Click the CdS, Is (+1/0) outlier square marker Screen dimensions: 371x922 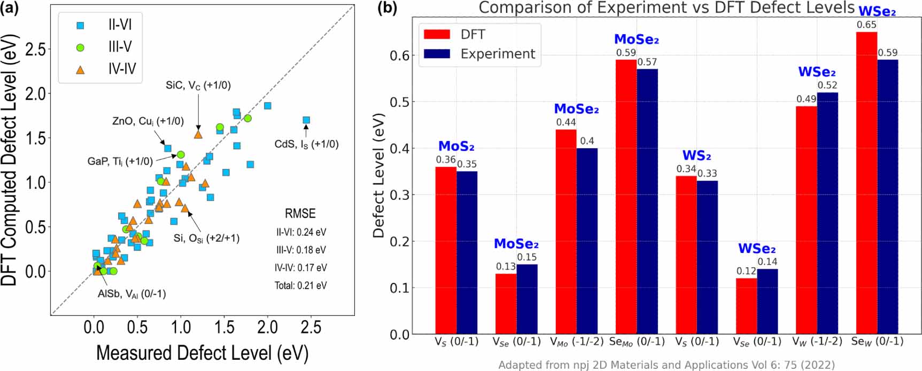(x=306, y=120)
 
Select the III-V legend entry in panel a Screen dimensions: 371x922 (x=120, y=47)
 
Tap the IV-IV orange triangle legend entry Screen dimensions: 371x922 (x=122, y=69)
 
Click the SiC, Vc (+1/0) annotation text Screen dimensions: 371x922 (x=198, y=86)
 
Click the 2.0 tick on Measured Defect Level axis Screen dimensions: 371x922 (x=268, y=327)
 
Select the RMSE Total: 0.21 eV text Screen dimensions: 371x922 (x=300, y=285)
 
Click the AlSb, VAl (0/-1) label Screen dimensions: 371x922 (x=131, y=294)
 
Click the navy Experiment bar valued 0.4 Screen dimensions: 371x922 (x=587, y=241)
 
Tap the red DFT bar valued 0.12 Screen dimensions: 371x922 (x=746, y=306)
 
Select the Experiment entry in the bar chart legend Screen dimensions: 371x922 (x=497, y=54)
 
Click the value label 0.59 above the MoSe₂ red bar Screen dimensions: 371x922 (x=626, y=53)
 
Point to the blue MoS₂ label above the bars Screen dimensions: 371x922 (x=456, y=146)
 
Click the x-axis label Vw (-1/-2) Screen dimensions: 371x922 (x=817, y=342)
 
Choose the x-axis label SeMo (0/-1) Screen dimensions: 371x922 (x=637, y=342)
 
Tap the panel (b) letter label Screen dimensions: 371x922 (x=387, y=9)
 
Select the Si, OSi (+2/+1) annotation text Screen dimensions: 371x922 (x=206, y=238)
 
